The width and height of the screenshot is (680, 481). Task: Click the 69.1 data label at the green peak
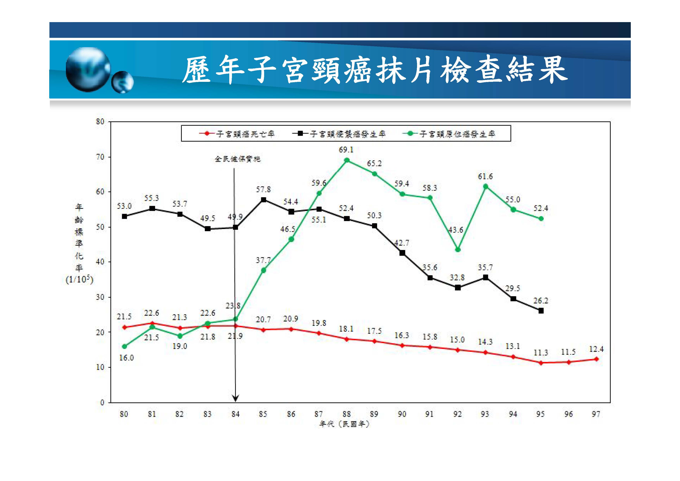pos(346,150)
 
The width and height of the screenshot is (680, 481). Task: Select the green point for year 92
pos(458,250)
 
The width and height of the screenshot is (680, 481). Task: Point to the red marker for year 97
pos(596,359)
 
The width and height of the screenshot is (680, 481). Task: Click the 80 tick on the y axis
pos(100,121)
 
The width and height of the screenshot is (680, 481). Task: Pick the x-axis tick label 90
pos(402,414)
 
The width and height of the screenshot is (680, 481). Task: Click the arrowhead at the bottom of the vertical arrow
pos(235,399)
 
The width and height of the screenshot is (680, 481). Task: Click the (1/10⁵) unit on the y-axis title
pos(79,279)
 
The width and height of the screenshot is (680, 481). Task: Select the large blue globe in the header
pos(88,69)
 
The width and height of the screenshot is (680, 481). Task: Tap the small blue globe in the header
pos(122,82)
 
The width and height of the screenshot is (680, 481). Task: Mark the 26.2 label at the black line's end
pos(540,301)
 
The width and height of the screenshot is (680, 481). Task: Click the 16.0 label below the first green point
pos(126,358)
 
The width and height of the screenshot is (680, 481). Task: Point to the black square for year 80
pos(124,217)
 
